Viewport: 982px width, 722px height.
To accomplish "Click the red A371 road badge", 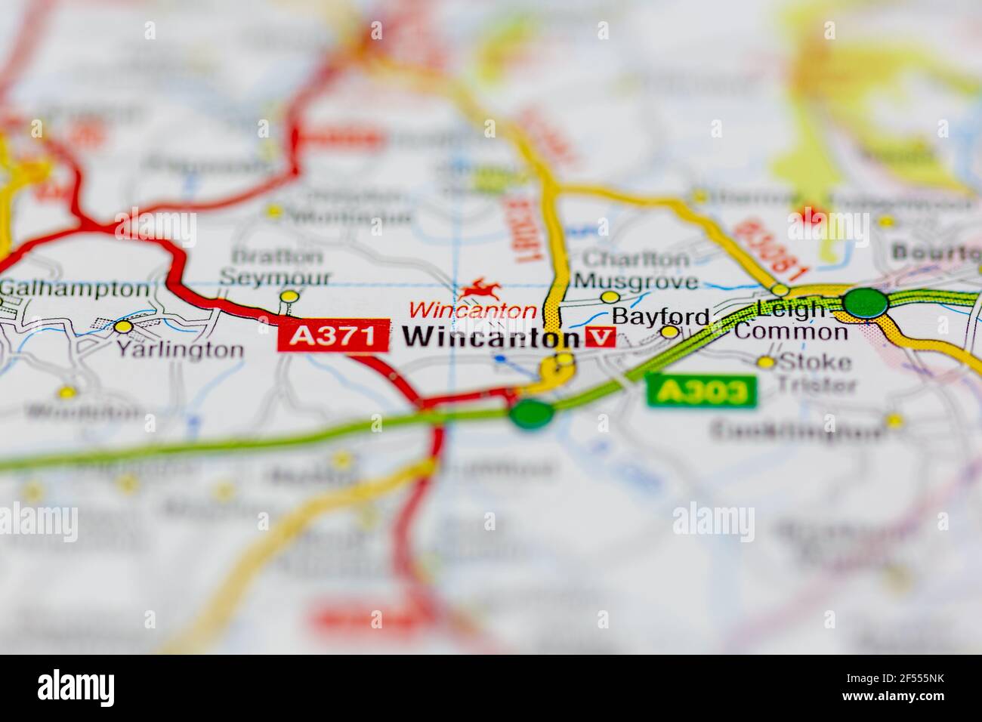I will pos(333,335).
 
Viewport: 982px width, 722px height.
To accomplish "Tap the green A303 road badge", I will pos(701,390).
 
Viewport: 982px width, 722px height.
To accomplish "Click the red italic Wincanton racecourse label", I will pos(473,310).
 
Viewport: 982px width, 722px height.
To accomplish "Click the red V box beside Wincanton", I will pos(601,337).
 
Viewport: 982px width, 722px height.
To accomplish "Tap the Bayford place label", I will pos(661,316).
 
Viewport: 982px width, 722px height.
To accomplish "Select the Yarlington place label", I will pos(180,350).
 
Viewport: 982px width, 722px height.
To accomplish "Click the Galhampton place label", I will pos(76,288).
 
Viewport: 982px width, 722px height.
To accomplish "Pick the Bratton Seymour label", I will pos(275,267).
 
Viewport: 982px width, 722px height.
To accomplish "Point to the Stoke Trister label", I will pos(815,373).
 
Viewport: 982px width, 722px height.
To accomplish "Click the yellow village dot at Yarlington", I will pos(123,327).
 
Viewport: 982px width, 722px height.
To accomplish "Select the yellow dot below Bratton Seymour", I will pos(289,297).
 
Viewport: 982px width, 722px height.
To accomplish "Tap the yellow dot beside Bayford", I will pos(669,331).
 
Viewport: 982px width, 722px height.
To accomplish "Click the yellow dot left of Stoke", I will pos(766,363).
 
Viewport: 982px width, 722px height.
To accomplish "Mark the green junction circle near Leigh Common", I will pos(866,303).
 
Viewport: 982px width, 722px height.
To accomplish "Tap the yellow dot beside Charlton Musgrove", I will pos(608,298).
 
